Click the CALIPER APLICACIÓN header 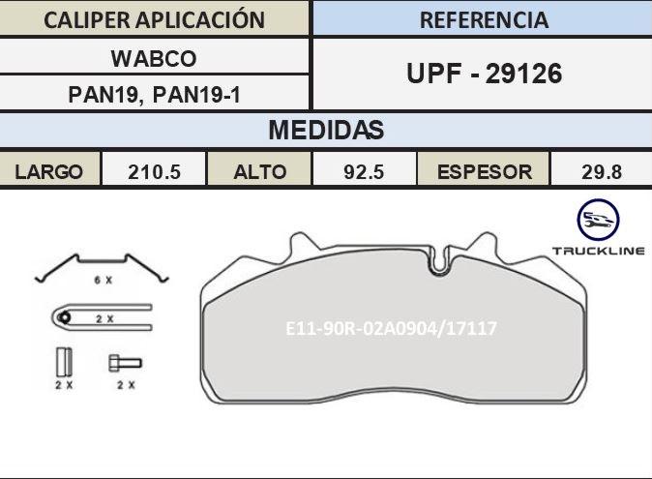(154, 19)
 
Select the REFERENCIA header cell (484, 19)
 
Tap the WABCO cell (154, 58)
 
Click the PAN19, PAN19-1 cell (154, 95)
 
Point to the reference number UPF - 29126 (484, 74)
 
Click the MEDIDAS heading (326, 130)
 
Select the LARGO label (48, 171)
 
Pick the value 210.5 (154, 171)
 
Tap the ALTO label (260, 171)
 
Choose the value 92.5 (364, 171)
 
